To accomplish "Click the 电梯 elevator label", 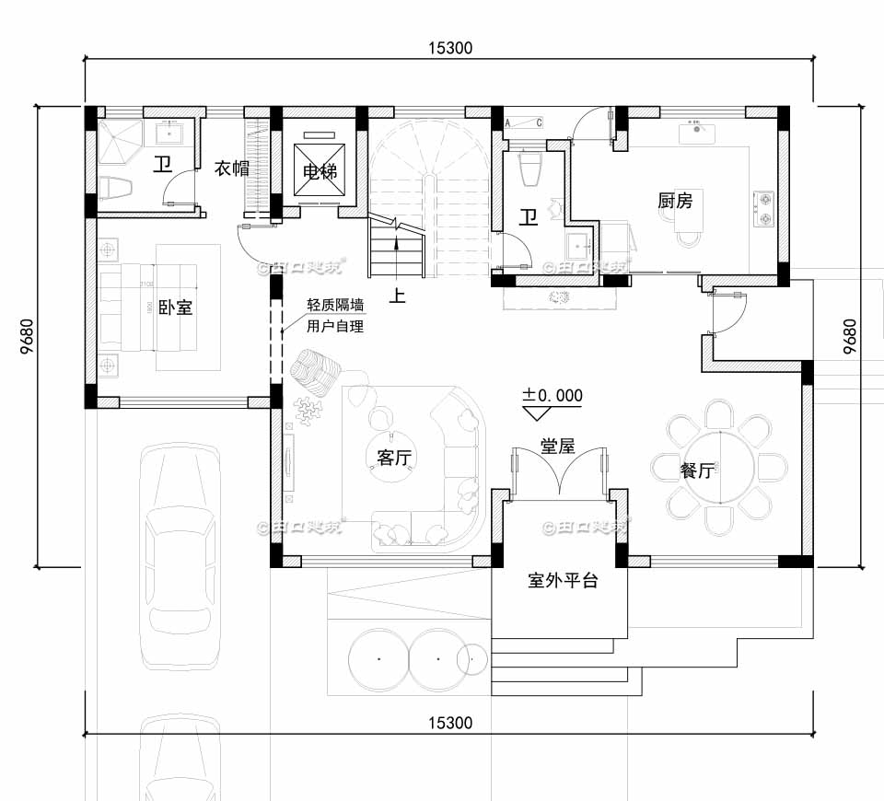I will tap(318, 171).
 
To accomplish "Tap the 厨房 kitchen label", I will tap(675, 200).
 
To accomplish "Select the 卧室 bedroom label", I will tap(175, 308).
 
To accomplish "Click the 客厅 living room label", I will tap(394, 458).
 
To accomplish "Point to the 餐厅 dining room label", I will tap(696, 470).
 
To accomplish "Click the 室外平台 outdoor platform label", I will tap(563, 581).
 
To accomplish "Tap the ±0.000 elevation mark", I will tap(552, 395).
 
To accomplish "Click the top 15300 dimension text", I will tap(449, 49).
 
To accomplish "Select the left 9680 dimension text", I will tap(26, 337).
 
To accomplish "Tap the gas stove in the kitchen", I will tap(764, 208).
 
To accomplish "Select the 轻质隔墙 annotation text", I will tap(335, 305).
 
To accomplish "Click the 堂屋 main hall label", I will tap(557, 447).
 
